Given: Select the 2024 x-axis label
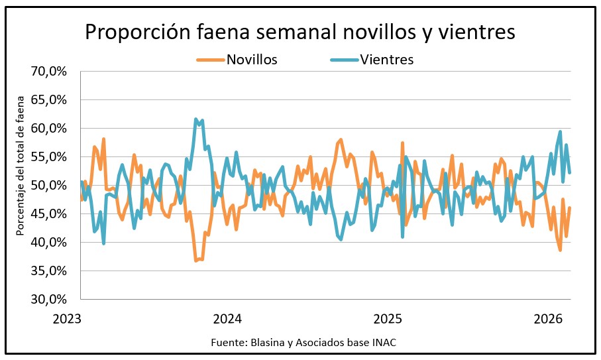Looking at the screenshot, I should (227, 318).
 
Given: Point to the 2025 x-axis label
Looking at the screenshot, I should (388, 318).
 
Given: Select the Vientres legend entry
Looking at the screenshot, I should (387, 60).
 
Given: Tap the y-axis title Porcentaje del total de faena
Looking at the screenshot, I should (21, 185).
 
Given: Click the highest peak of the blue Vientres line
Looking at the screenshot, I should (195, 119).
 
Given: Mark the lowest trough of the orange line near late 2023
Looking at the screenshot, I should (196, 261).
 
